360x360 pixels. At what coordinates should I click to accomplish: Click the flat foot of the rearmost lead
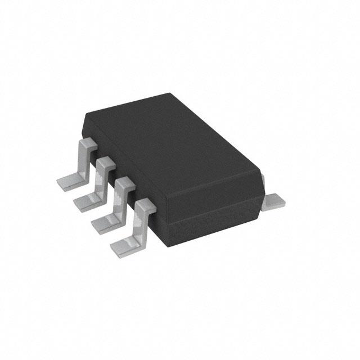[68, 181]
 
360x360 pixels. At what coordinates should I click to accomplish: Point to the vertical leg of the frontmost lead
[138, 222]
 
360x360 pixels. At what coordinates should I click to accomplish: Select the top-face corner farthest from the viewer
[170, 94]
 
